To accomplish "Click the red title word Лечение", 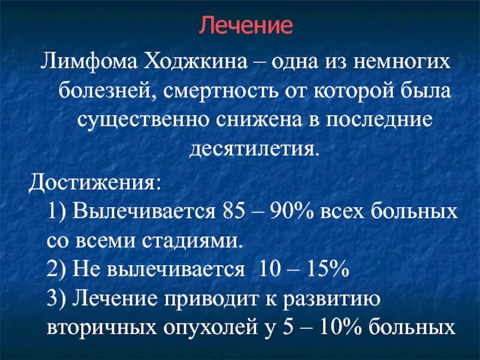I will point(245,25).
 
